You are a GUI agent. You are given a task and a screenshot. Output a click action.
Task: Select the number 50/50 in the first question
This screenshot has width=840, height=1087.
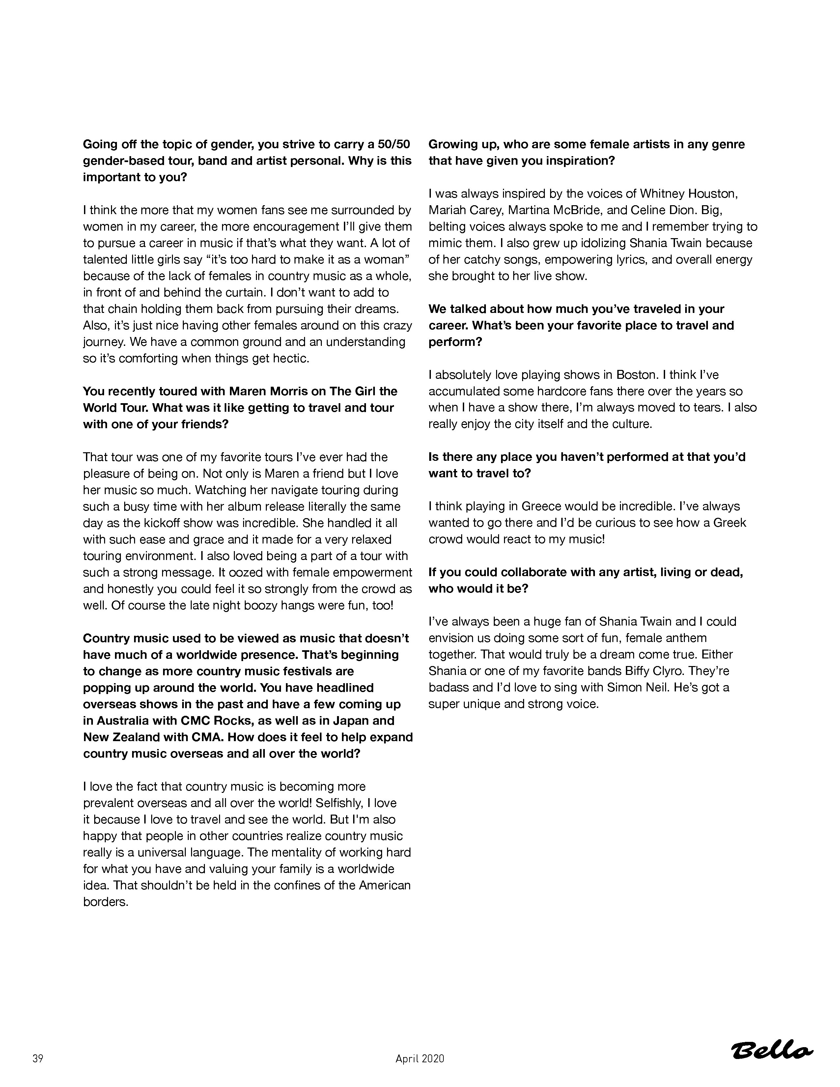[x=394, y=144]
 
